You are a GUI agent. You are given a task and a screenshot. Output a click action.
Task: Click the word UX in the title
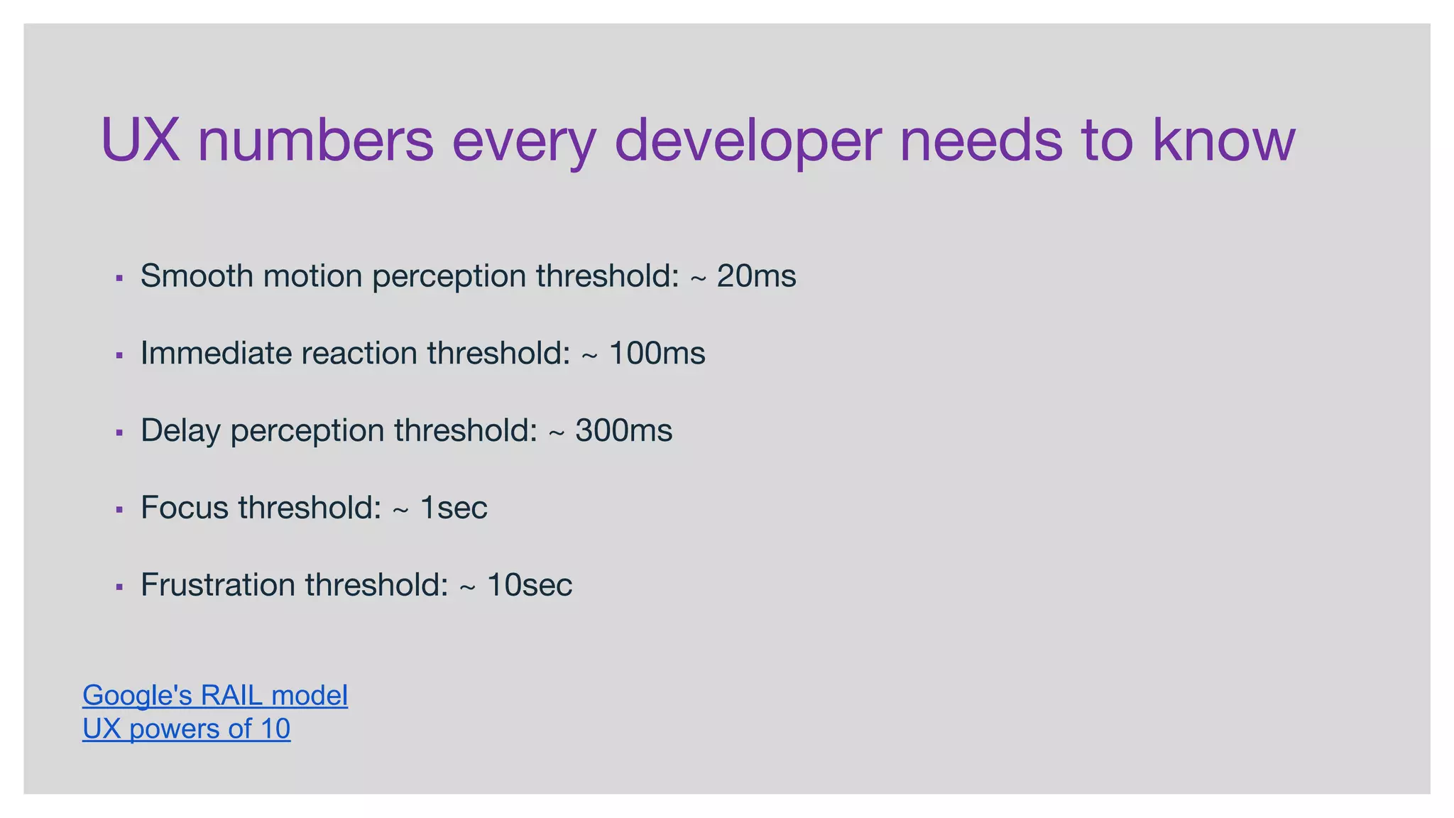point(140,140)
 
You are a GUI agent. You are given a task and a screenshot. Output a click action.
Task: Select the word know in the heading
point(1224,140)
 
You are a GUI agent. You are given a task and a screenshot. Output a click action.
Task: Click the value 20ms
point(756,276)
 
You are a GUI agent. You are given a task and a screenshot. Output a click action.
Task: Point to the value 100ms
point(657,353)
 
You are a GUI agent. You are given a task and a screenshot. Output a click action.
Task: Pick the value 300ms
point(623,430)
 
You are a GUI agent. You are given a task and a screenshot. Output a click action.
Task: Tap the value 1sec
point(454,508)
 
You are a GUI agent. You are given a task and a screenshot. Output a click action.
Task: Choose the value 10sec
point(529,585)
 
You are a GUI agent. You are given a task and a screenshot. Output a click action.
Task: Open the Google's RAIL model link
point(215,695)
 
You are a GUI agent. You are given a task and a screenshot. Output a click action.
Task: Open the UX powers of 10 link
point(186,729)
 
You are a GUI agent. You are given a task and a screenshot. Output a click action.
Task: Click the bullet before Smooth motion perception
point(119,278)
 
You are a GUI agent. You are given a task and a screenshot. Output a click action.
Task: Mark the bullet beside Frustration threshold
point(119,587)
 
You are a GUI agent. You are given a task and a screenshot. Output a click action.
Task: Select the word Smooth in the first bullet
point(197,276)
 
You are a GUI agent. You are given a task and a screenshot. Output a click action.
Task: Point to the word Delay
point(180,430)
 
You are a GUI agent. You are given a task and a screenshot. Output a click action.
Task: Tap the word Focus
point(184,508)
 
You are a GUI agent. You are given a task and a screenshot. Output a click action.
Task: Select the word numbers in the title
point(315,140)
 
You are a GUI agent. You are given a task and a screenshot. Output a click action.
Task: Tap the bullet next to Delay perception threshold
point(119,432)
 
